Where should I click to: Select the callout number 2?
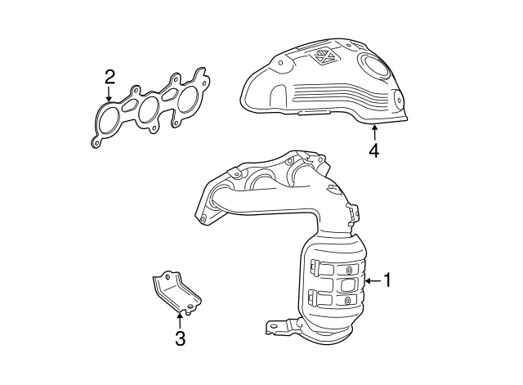(x=110, y=78)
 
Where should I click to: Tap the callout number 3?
(x=179, y=338)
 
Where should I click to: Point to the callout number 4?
(x=373, y=150)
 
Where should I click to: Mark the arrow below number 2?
(x=110, y=96)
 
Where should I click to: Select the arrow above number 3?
(x=179, y=320)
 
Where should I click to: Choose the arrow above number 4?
(x=373, y=132)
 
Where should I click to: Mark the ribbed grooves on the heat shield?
(x=327, y=96)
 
